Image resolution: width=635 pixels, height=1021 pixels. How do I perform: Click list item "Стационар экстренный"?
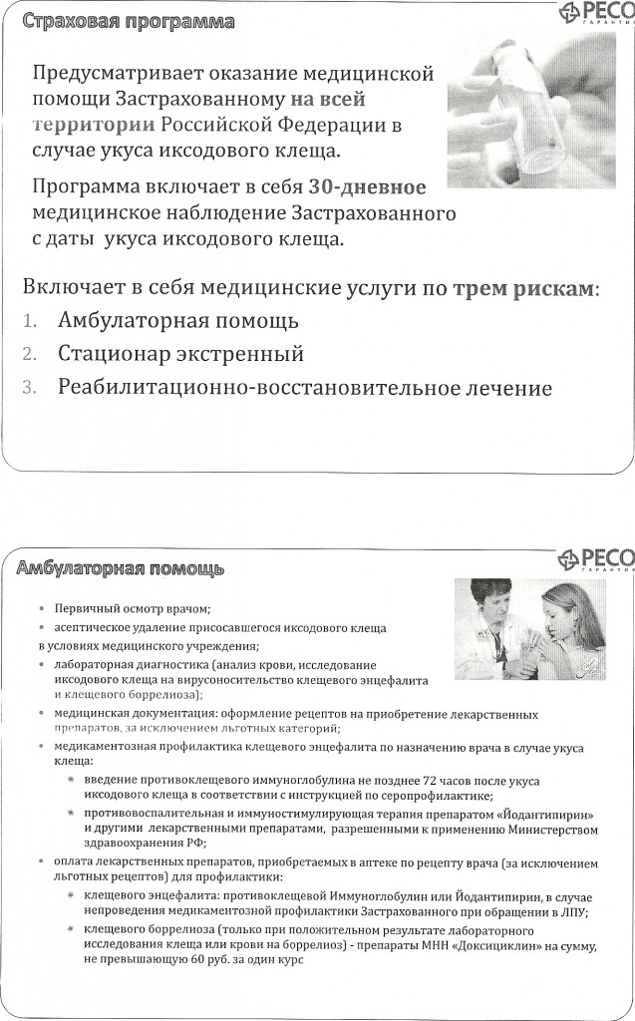point(180,354)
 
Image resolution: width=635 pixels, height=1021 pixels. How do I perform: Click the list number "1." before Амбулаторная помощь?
point(30,322)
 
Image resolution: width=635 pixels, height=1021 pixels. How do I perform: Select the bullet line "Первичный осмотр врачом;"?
point(134,607)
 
